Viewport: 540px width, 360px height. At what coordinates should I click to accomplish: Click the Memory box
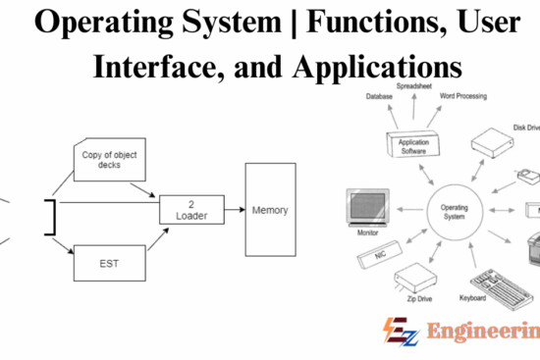click(x=269, y=209)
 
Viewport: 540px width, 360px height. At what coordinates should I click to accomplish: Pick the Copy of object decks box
click(x=104, y=158)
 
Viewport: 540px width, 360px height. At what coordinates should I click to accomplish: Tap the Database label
click(x=380, y=96)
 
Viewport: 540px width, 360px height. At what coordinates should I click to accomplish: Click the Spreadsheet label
click(x=414, y=86)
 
